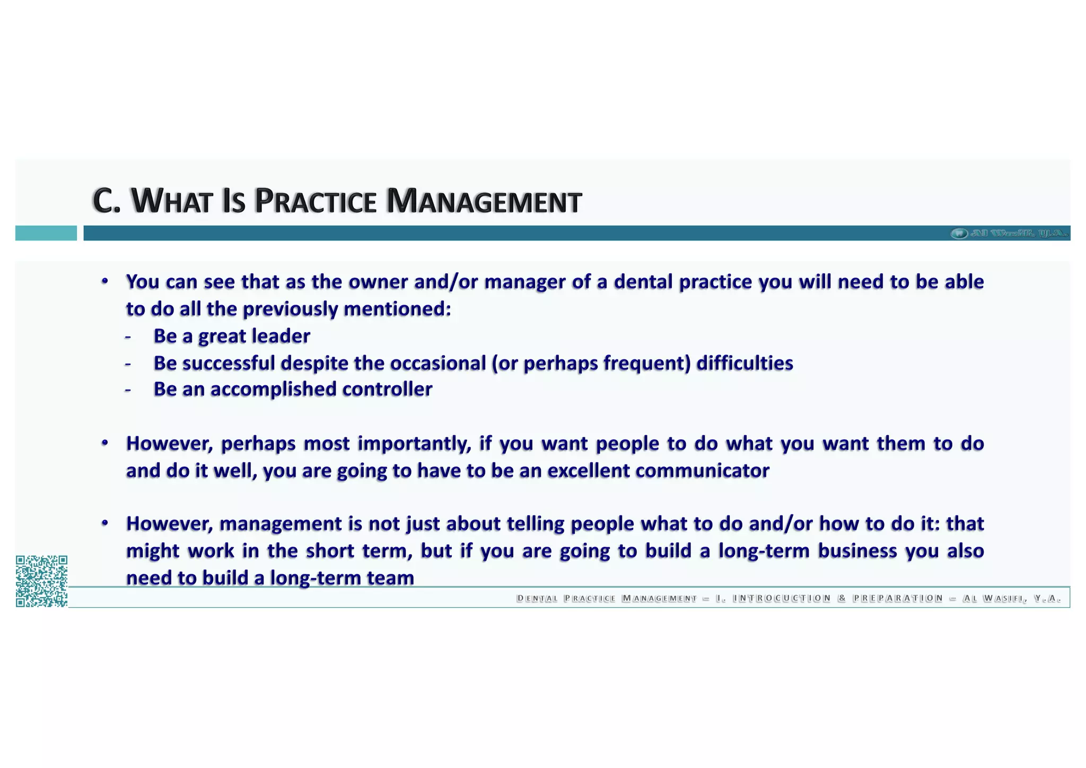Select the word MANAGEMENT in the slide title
[x=484, y=201]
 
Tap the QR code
[x=41, y=581]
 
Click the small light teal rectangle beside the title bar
[x=46, y=233]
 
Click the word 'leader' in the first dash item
[x=281, y=336]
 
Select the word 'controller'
[x=387, y=389]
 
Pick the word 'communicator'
[x=702, y=471]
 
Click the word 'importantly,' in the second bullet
[x=414, y=444]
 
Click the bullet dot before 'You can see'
[x=106, y=281]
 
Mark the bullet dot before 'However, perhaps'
[x=106, y=443]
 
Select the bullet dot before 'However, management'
[x=106, y=523]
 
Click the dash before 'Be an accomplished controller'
[x=128, y=390]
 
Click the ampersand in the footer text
[x=842, y=599]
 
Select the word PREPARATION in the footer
[x=898, y=599]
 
